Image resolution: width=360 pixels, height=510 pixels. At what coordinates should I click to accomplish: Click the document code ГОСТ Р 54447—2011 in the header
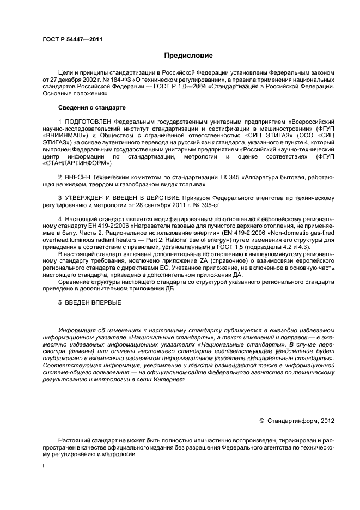73,39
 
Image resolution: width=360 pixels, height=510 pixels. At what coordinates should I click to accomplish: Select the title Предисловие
189,56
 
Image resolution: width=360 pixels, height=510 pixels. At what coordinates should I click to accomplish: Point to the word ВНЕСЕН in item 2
79,177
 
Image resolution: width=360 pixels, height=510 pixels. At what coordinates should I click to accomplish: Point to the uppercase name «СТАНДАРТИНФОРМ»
77,163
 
